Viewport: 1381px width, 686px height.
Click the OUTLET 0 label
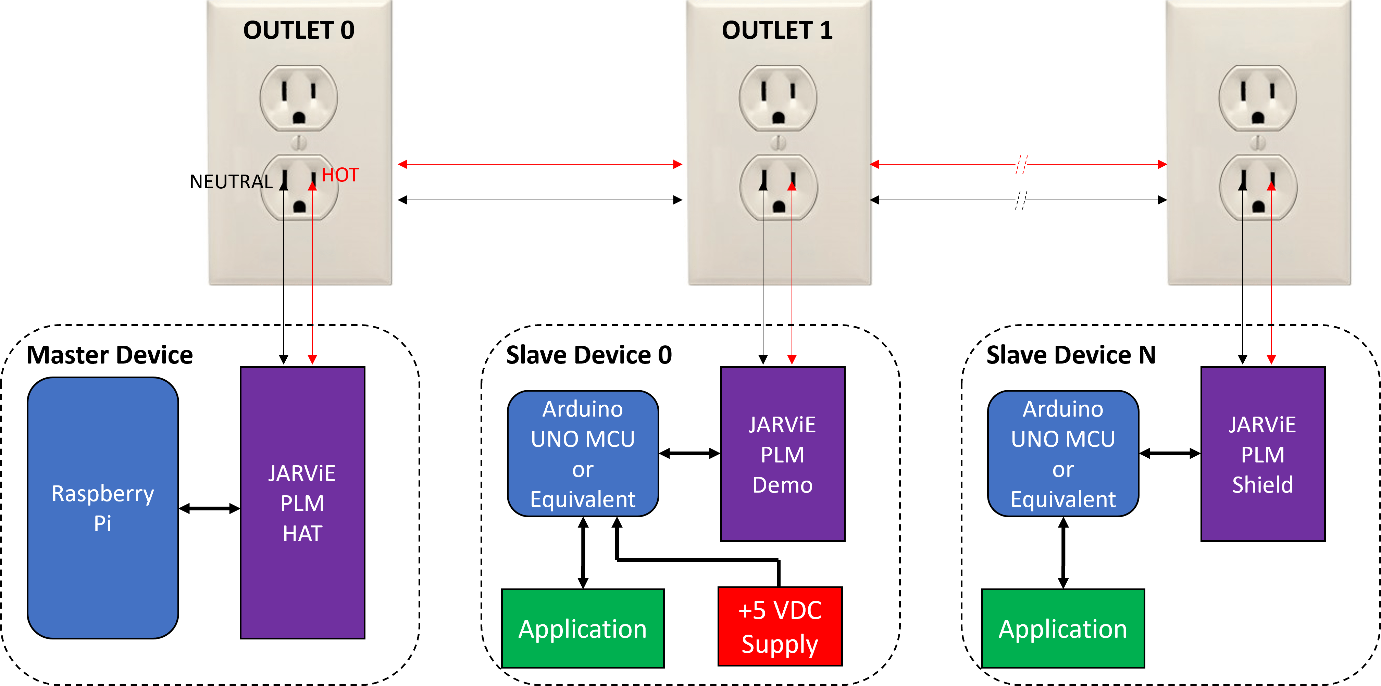coord(299,30)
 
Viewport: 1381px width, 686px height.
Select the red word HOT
coord(340,175)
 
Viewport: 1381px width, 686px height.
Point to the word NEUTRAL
coord(231,182)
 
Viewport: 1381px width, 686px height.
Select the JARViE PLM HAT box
coord(302,503)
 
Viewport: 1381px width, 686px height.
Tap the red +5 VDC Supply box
coord(780,626)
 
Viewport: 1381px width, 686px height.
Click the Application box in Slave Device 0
coord(583,628)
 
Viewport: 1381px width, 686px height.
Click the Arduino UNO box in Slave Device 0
coord(583,454)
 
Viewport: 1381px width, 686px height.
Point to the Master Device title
coord(110,355)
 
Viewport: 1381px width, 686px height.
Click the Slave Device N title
coord(1071,355)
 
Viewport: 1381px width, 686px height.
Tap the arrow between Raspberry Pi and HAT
coord(209,508)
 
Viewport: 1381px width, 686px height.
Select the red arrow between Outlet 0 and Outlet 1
coord(539,164)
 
